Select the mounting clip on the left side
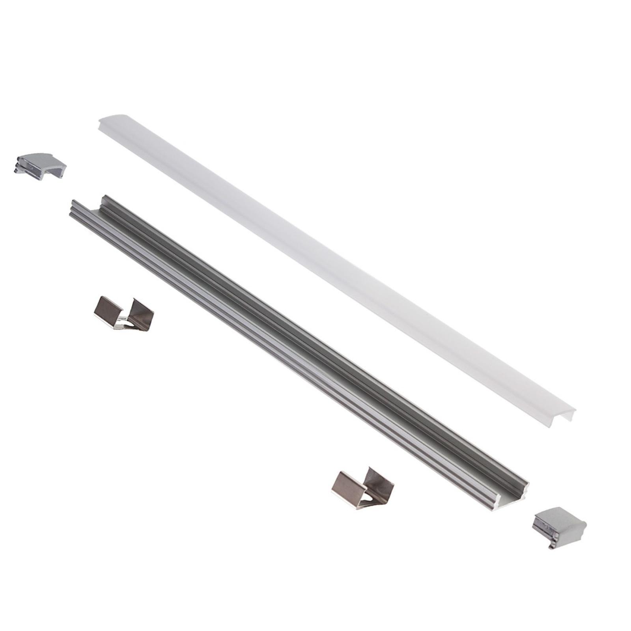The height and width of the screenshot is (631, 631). tap(124, 313)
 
